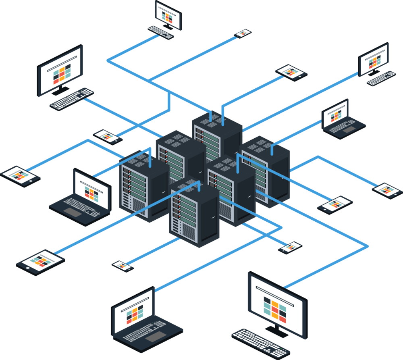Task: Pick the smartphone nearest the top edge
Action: pyautogui.click(x=243, y=33)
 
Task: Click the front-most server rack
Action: pyautogui.click(x=194, y=214)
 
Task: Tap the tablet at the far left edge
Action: pyautogui.click(x=20, y=175)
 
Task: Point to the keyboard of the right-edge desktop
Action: pyautogui.click(x=381, y=78)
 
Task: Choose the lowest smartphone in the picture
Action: pyautogui.click(x=123, y=266)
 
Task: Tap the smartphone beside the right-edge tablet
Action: pyautogui.click(x=335, y=204)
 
